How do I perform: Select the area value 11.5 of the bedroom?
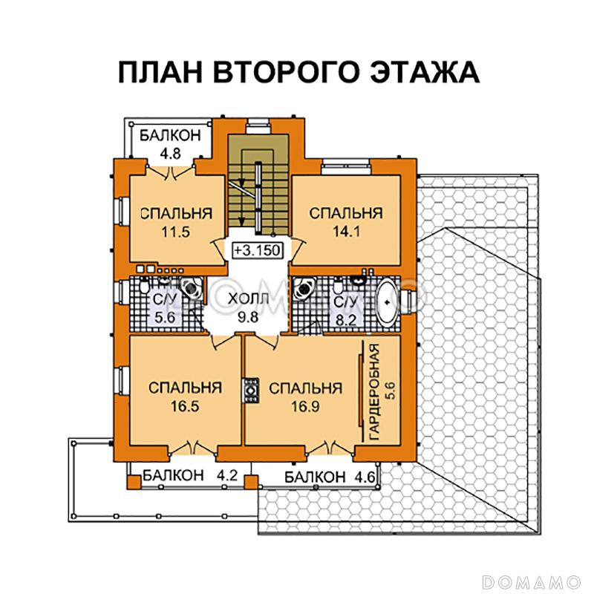coord(176,231)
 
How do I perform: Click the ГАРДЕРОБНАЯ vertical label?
coord(375,390)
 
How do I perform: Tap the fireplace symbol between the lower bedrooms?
coord(249,391)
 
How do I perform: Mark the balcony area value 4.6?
coord(365,476)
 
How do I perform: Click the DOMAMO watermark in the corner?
coord(532,579)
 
